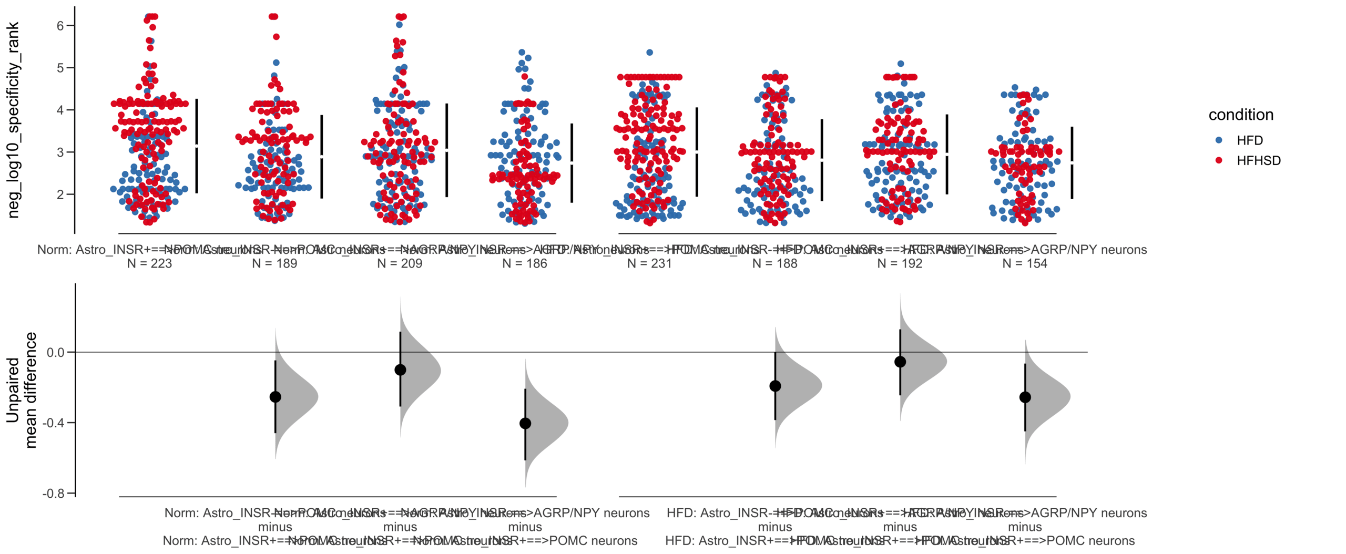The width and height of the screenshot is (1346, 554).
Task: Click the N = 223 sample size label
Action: coord(149,264)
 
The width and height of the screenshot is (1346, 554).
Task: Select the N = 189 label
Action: coord(274,264)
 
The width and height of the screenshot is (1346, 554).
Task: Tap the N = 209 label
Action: coord(400,264)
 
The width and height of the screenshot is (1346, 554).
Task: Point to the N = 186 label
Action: coord(525,264)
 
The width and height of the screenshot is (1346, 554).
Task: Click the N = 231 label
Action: coord(649,264)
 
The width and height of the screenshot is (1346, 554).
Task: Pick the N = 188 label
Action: coord(774,264)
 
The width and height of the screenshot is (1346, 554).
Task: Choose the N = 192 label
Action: coord(900,264)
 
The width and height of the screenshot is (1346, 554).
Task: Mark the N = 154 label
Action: coord(1025,264)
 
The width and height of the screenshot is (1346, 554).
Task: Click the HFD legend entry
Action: coord(1249,140)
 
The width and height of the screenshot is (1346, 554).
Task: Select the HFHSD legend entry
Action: coord(1258,161)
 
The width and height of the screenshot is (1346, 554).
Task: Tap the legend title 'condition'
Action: coord(1241,115)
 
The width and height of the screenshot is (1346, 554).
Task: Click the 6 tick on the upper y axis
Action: coord(60,26)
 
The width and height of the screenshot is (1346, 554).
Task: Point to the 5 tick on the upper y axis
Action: coord(60,68)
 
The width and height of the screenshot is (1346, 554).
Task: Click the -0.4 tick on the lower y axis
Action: coord(54,423)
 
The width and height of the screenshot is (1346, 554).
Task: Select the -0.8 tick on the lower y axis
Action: coord(54,494)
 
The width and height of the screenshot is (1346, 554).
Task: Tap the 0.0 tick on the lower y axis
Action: coord(56,353)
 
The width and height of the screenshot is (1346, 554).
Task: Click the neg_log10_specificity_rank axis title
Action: coord(13,120)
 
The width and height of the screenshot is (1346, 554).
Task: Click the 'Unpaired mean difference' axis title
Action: coord(21,390)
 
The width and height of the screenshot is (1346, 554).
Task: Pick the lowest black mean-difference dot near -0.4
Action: coord(525,423)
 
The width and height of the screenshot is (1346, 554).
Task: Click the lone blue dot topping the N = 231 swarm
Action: coord(650,53)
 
